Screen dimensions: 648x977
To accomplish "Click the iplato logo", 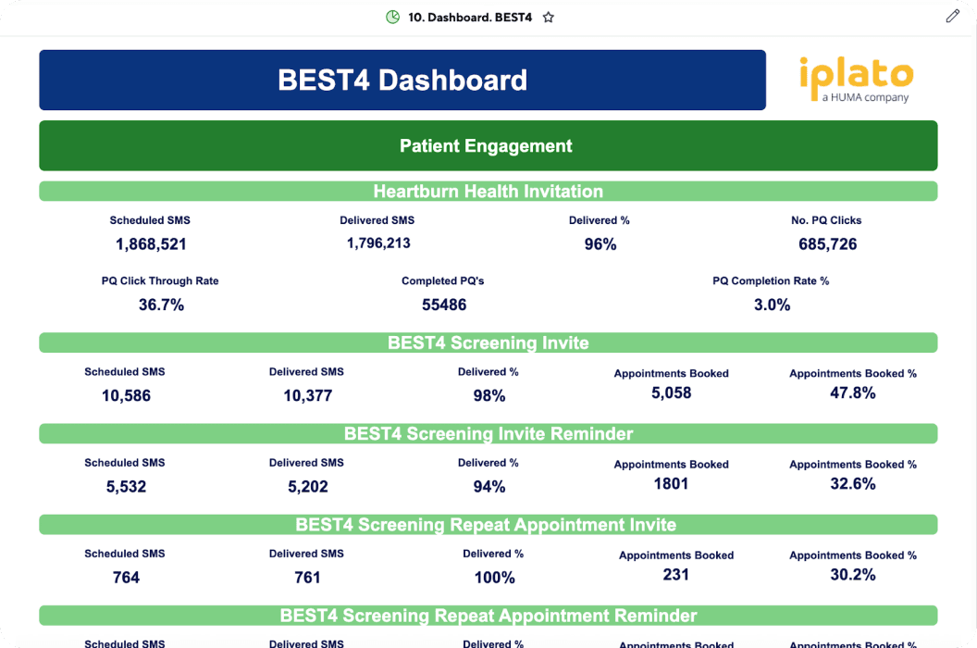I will coord(856,80).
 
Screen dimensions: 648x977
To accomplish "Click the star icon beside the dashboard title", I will coord(549,17).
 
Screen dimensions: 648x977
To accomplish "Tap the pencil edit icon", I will coord(953,16).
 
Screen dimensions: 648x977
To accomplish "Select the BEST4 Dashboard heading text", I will coord(402,81).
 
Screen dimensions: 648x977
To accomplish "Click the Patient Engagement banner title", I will coord(486,146).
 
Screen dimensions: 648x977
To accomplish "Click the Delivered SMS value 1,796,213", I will coord(378,243).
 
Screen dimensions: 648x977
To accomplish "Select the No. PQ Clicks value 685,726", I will coord(827,244).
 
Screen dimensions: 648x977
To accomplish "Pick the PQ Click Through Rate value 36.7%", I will coord(161,305).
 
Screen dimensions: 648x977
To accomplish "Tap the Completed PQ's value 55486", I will coord(443,305).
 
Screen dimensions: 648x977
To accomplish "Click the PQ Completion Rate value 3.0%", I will coord(772,305).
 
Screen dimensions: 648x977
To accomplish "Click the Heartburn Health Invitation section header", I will coord(488,192).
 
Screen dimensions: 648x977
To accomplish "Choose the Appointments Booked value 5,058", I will coord(671,393).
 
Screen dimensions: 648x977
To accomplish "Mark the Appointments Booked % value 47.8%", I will coord(852,393).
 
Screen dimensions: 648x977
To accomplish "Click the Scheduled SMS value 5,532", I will coord(126,487).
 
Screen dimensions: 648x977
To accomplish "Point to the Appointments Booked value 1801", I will coord(671,484).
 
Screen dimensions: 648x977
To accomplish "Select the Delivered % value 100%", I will coord(494,578).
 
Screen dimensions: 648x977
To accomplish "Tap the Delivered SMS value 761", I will coord(306,578).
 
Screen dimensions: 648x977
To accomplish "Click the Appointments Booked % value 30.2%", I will coord(852,575).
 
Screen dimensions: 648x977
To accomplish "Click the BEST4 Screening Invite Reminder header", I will coord(488,433).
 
